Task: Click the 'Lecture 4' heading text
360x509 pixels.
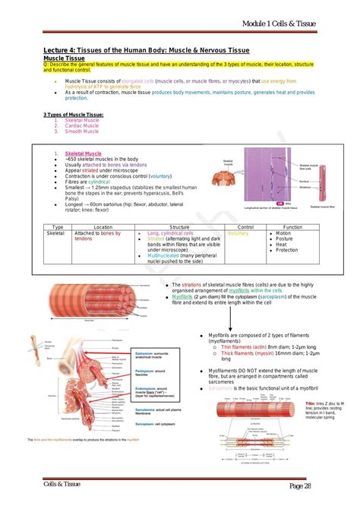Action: (x=62, y=50)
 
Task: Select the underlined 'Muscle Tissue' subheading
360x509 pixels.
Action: (x=64, y=58)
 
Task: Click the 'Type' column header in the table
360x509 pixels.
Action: (x=57, y=227)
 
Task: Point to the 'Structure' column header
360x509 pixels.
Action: (x=179, y=227)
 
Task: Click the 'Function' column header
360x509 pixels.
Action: (x=292, y=227)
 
